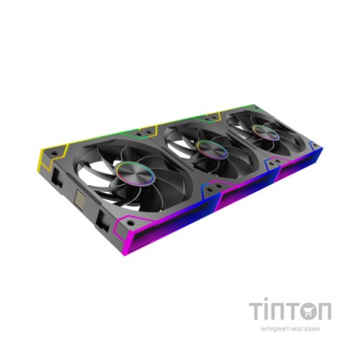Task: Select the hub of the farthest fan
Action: point(266,132)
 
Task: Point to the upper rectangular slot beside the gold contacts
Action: point(58,177)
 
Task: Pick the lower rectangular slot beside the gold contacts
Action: point(102,220)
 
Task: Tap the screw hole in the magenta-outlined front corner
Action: point(130,223)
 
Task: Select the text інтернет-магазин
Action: point(290,329)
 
